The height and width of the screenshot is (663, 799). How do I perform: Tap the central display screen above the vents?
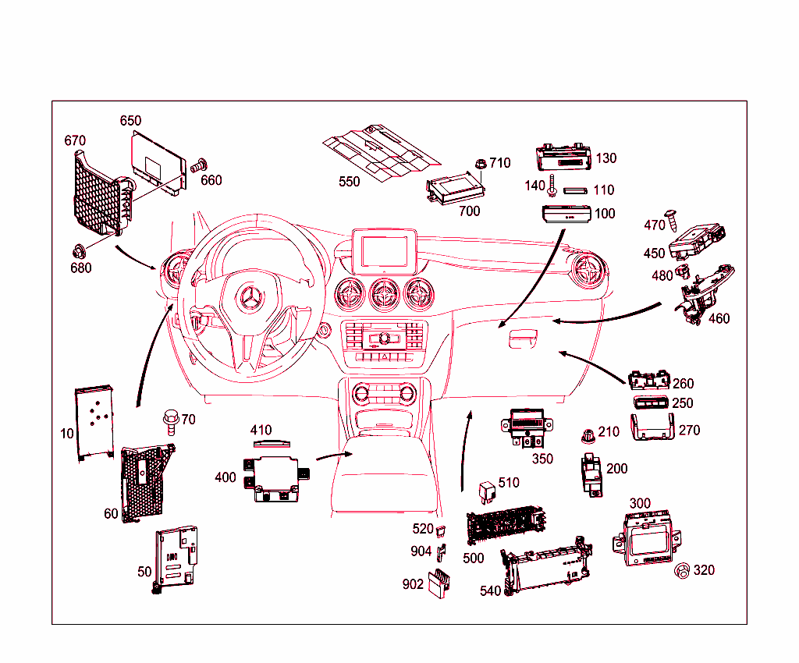382,250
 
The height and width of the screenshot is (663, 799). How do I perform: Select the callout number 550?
350,182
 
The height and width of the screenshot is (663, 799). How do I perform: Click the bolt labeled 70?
169,421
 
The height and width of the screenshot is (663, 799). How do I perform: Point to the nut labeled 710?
481,165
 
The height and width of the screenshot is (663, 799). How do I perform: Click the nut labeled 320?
681,571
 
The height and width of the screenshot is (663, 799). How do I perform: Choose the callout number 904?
421,551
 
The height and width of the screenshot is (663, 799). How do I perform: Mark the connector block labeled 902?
437,582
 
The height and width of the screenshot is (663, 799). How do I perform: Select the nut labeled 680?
79,251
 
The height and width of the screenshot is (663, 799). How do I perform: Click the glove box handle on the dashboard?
524,340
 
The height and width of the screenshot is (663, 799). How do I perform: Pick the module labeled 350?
528,427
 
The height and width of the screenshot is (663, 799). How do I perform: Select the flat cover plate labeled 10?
94,421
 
